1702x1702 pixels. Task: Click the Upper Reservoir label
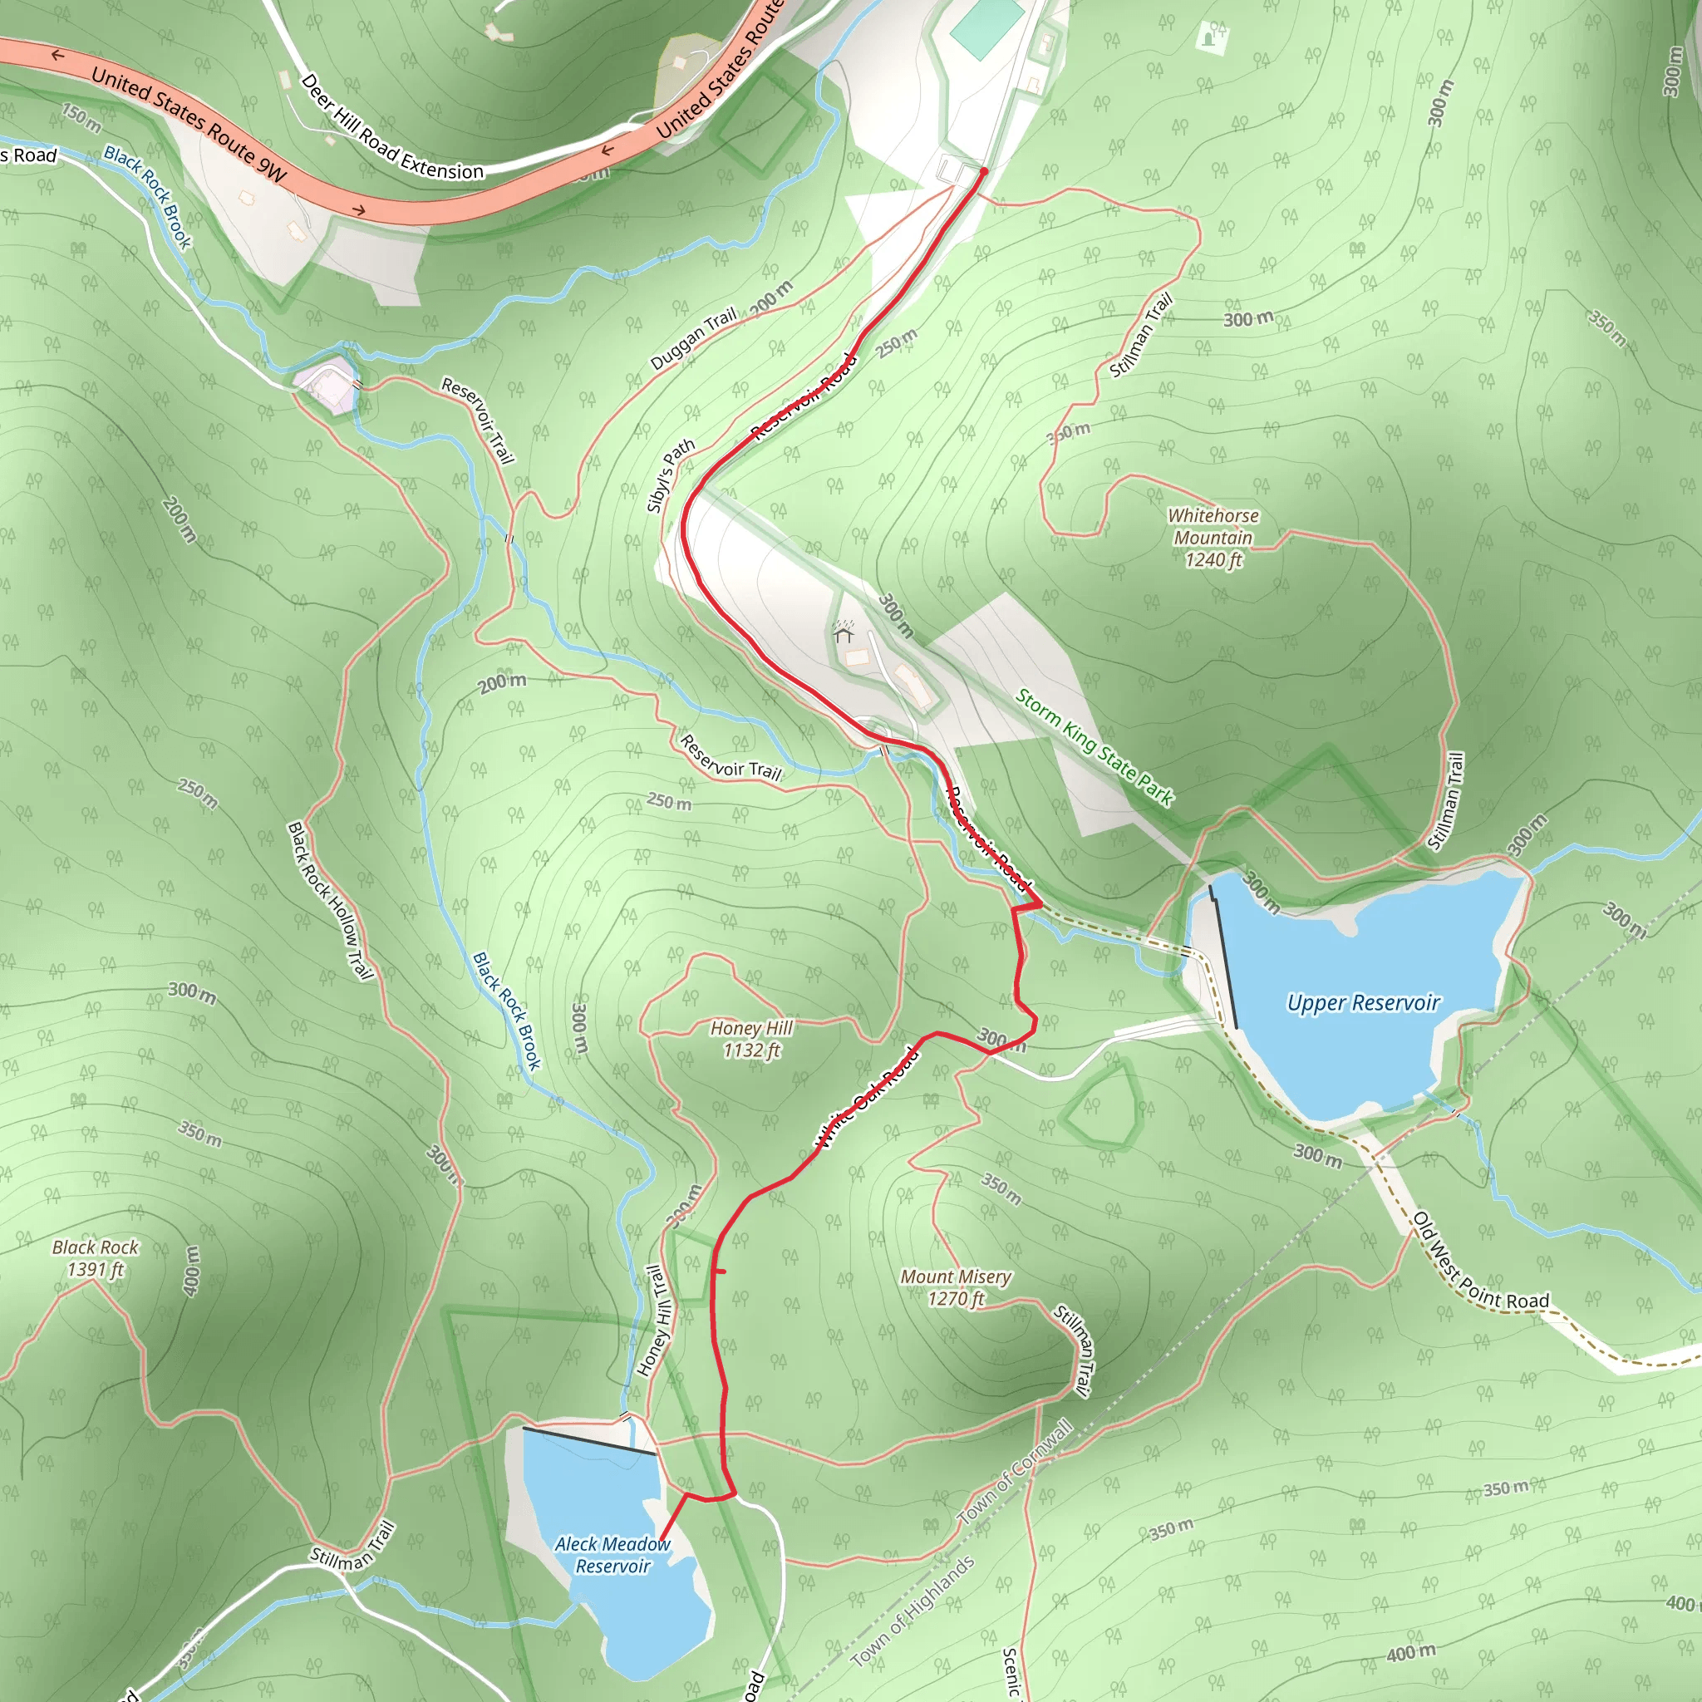(1363, 1002)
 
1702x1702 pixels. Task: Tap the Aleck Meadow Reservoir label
(612, 1555)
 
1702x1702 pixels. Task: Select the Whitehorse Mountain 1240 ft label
(1213, 538)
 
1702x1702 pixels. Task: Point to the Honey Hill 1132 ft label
(751, 1039)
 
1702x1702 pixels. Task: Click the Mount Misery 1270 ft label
(956, 1287)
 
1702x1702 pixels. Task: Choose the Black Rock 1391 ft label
(95, 1258)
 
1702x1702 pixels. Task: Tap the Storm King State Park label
(1094, 748)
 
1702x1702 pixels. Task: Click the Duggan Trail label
(693, 339)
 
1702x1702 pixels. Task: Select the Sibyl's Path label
(671, 475)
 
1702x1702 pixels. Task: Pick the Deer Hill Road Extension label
(392, 128)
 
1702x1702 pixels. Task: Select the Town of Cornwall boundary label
(1016, 1472)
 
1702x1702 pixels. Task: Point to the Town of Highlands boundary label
(912, 1611)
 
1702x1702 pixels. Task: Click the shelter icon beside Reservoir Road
(843, 632)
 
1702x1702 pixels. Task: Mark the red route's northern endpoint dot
(984, 171)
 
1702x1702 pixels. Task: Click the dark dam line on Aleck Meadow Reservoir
(589, 1440)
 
